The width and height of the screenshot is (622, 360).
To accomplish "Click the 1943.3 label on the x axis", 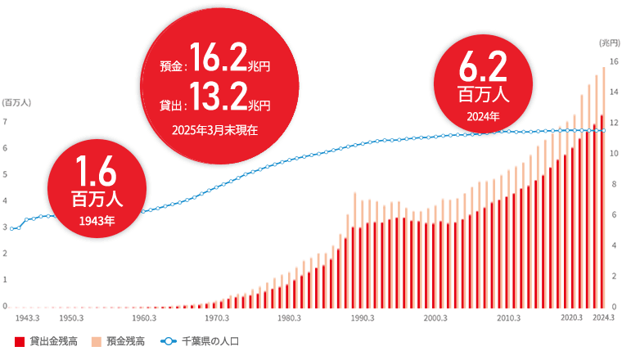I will coord(28,317).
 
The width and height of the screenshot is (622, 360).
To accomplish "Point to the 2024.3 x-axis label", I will coord(602,317).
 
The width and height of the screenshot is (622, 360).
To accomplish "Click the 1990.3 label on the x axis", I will coord(362,317).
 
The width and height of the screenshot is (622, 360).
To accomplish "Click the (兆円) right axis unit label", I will coord(610,42).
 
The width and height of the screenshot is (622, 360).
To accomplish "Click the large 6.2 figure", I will coord(483,65).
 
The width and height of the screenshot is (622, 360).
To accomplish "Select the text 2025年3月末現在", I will coord(214,129).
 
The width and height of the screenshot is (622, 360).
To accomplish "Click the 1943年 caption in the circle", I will coord(97,220).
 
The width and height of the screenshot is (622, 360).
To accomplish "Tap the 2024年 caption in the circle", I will coord(483,116).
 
